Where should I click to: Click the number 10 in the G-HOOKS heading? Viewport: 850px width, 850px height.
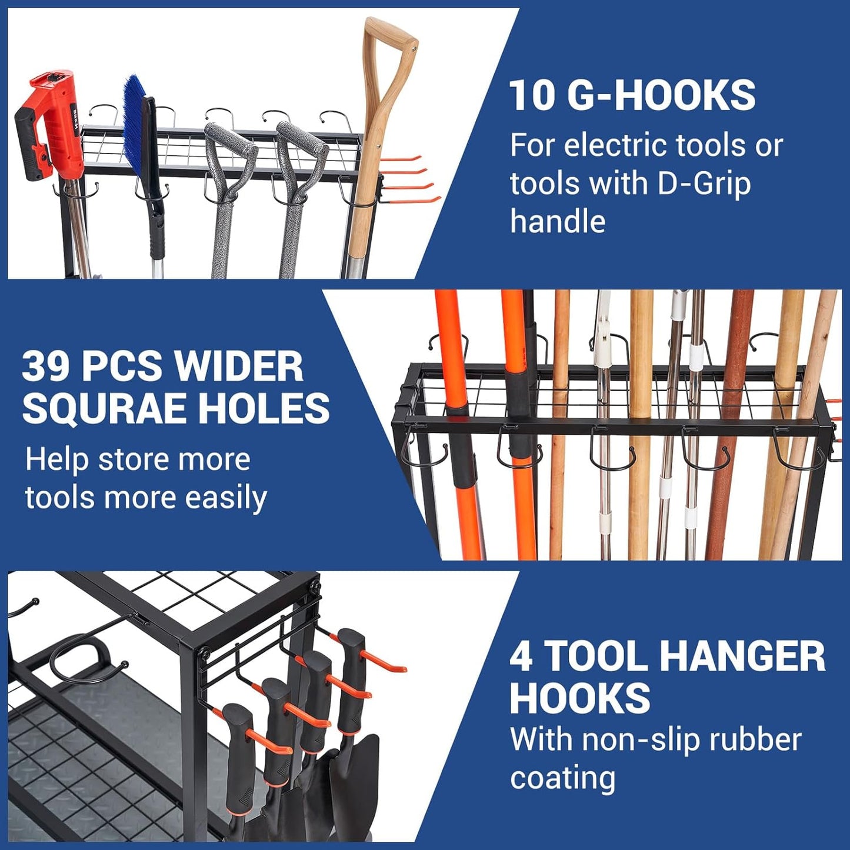[x=532, y=95]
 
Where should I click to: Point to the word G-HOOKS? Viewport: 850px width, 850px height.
[x=661, y=95]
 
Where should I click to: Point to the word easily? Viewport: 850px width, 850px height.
[x=226, y=498]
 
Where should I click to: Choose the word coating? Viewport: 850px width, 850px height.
[x=562, y=778]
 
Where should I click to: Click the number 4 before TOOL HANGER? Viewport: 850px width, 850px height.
[x=521, y=656]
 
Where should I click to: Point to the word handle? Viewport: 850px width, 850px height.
[x=558, y=222]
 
